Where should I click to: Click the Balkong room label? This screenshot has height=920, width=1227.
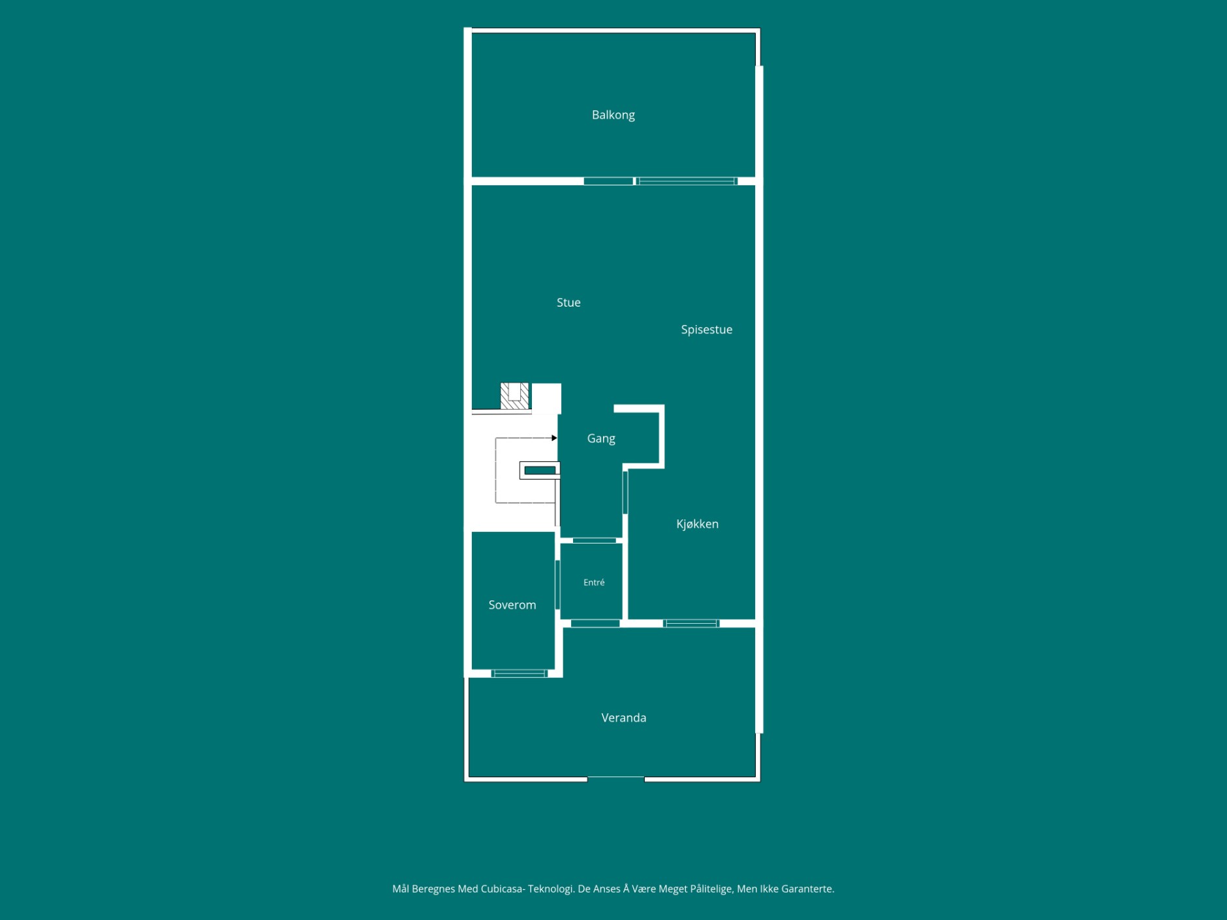(613, 115)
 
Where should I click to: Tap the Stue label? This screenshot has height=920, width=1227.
(568, 302)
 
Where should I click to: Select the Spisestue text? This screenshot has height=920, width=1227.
(706, 330)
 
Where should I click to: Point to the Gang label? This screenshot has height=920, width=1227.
(601, 438)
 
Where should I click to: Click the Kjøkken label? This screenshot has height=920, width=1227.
(697, 524)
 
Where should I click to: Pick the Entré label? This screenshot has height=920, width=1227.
(594, 582)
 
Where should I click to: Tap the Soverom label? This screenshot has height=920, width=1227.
(512, 605)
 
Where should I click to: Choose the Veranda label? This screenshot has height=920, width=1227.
(623, 718)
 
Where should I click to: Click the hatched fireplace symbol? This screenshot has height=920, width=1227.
(514, 396)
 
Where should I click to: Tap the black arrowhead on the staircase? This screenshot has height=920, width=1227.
(554, 438)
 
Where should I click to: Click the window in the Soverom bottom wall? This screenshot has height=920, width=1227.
(520, 673)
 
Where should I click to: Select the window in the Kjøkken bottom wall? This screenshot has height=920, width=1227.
(691, 624)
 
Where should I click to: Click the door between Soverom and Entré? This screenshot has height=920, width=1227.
(557, 585)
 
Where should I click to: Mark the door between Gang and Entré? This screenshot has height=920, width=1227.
(595, 540)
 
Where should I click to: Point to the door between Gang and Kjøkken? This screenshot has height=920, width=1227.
(625, 492)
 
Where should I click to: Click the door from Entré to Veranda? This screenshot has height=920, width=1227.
(595, 624)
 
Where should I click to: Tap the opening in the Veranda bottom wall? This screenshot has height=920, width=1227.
(616, 778)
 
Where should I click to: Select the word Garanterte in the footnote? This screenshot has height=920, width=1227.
(807, 889)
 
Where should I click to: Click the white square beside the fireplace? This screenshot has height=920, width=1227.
(546, 398)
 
